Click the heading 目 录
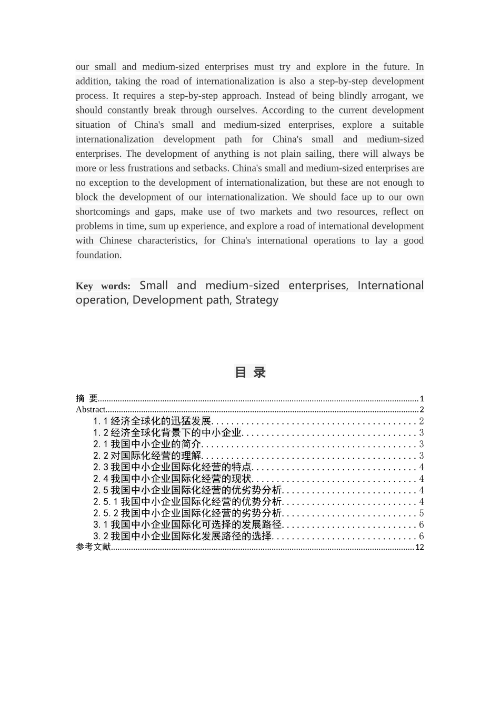pyautogui.click(x=250, y=372)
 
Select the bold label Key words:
pyautogui.click(x=103, y=286)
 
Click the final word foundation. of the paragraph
pyautogui.click(x=98, y=255)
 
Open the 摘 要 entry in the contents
pyautogui.click(x=87, y=399)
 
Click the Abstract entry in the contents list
pyautogui.click(x=91, y=410)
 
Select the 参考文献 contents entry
pyautogui.click(x=93, y=547)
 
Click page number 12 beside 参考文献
pyautogui.click(x=419, y=547)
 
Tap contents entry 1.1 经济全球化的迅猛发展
pyautogui.click(x=152, y=421)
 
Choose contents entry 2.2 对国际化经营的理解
pyautogui.click(x=147, y=456)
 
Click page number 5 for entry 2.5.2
pyautogui.click(x=421, y=513)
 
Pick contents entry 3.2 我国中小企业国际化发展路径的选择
pyautogui.click(x=183, y=537)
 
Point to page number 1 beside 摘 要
pyautogui.click(x=422, y=399)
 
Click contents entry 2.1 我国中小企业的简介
pyautogui.click(x=147, y=445)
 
